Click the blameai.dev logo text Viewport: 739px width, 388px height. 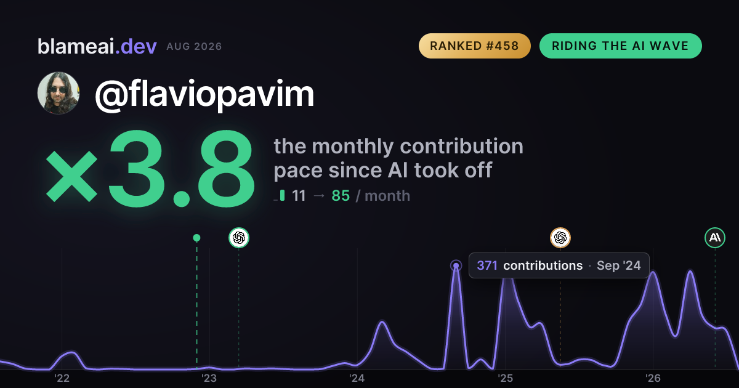tap(97, 46)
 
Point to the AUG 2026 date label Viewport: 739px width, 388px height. tap(194, 47)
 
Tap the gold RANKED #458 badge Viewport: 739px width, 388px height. tap(474, 46)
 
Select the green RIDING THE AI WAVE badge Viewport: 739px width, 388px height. tap(620, 46)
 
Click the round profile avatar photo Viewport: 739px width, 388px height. tap(59, 93)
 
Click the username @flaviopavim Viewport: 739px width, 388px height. tap(204, 94)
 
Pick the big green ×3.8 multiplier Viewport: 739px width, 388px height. tap(150, 169)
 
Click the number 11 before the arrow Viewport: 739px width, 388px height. tap(299, 196)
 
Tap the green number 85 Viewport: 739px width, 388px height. tap(341, 196)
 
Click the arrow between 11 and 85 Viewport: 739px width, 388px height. tap(319, 196)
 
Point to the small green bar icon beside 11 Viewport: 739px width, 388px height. tap(282, 195)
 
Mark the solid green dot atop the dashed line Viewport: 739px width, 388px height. tap(196, 238)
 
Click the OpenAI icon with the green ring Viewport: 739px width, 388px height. tap(239, 238)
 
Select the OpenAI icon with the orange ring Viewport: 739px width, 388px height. tap(560, 238)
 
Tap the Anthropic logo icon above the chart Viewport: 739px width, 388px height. tap(715, 238)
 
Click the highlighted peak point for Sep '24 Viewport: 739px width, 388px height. tap(456, 265)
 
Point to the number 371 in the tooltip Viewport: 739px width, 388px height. tap(487, 265)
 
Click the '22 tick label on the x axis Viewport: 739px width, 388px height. tap(62, 378)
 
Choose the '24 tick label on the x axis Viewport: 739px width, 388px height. tap(357, 378)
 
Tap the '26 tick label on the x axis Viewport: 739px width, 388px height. tap(653, 378)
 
